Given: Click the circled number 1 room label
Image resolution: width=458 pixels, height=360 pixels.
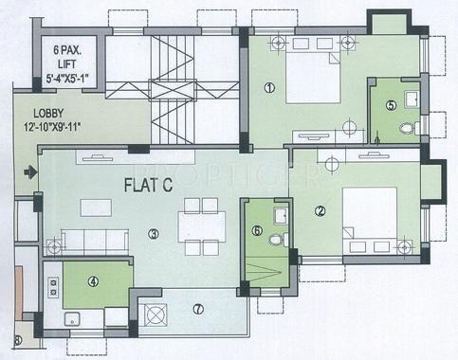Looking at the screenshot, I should pos(269,89).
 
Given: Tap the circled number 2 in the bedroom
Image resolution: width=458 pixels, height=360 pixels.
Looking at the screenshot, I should pos(321,212).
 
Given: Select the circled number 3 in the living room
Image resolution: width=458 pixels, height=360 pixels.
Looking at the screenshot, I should pos(154,233).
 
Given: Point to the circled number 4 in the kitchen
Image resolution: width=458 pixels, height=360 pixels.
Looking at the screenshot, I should pos(93,280).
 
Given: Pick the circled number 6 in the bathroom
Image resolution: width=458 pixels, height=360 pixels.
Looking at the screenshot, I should pos(256,230).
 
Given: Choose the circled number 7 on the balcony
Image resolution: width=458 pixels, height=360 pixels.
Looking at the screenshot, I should pos(197,309).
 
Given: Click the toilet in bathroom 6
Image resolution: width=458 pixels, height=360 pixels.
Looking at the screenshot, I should pos(275,240).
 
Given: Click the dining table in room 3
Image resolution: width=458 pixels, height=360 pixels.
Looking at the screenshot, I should pos(201,226).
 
